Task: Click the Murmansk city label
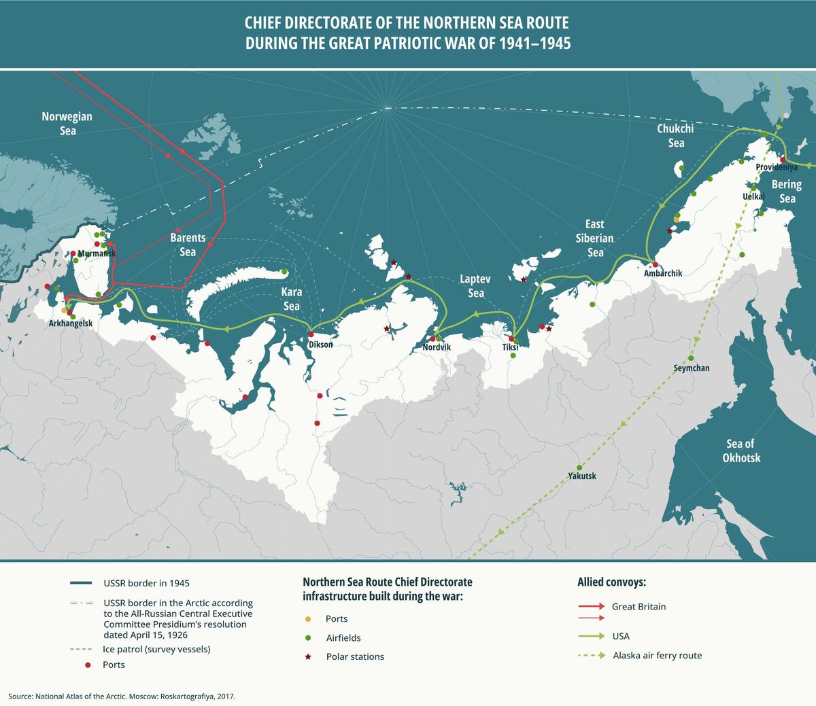97,254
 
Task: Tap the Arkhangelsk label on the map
71,324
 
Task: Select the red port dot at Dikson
311,334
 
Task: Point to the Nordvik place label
437,347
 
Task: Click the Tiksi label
510,347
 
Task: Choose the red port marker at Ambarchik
656,264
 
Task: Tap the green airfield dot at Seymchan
692,358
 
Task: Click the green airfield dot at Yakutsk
579,467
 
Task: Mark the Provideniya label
777,167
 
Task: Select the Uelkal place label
753,196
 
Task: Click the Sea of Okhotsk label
741,451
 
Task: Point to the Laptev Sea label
475,286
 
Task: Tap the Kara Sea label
292,299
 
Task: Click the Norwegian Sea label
67,123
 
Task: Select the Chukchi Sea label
675,136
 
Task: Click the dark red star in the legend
308,656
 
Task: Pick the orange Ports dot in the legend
308,619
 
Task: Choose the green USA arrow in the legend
592,636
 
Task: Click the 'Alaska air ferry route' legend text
657,656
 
